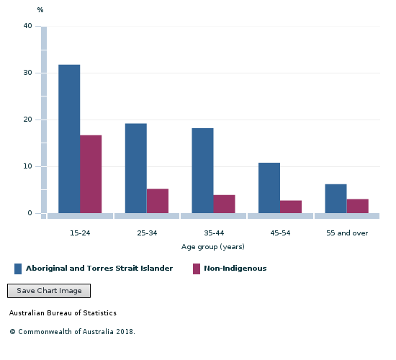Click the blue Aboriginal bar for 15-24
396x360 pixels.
click(x=69, y=139)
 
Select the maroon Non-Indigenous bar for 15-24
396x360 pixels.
click(x=91, y=174)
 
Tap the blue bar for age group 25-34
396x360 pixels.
click(x=135, y=168)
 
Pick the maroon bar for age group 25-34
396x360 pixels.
click(x=157, y=201)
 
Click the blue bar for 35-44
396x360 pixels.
click(x=202, y=171)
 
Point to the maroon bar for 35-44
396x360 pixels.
click(x=224, y=204)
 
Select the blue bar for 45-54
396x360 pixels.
click(x=269, y=188)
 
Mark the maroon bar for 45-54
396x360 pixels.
click(x=291, y=207)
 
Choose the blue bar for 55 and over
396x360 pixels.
click(x=336, y=199)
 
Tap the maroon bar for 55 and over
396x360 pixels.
click(x=357, y=206)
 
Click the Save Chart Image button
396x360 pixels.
click(x=49, y=291)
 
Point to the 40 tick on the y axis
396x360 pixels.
click(x=27, y=26)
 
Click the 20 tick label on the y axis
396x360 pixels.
click(x=27, y=120)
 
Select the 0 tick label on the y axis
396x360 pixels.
click(x=30, y=213)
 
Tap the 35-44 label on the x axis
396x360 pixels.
click(x=213, y=233)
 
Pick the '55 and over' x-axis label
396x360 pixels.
click(x=346, y=233)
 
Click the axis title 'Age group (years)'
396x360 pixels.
click(x=212, y=247)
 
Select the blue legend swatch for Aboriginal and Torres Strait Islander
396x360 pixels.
click(x=18, y=269)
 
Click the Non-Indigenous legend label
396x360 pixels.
click(x=235, y=269)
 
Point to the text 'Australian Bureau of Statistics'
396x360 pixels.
click(x=63, y=313)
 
